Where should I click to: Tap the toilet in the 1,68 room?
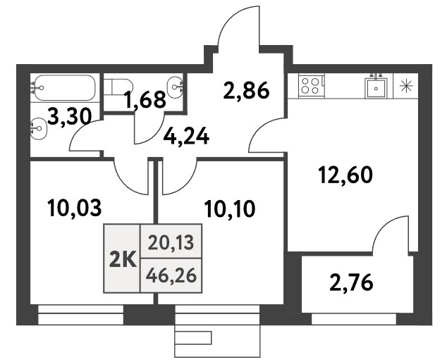pyautogui.click(x=118, y=87)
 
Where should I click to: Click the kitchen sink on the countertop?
pyautogui.click(x=376, y=87)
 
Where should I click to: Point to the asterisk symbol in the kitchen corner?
pyautogui.click(x=406, y=86)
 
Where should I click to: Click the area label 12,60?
pyautogui.click(x=345, y=175)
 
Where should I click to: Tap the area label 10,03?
pyautogui.click(x=75, y=208)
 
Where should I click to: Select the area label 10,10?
pyautogui.click(x=230, y=208)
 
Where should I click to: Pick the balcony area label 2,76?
pyautogui.click(x=351, y=282)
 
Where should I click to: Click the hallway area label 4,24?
pyautogui.click(x=186, y=137)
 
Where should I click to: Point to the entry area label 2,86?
pyautogui.click(x=246, y=90)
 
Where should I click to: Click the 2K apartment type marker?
pyautogui.click(x=123, y=261)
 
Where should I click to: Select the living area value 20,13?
pyautogui.click(x=171, y=244)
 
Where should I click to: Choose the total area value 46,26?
pyautogui.click(x=171, y=275)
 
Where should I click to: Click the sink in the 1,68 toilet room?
pyautogui.click(x=175, y=87)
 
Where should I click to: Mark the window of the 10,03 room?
pyautogui.click(x=80, y=315)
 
